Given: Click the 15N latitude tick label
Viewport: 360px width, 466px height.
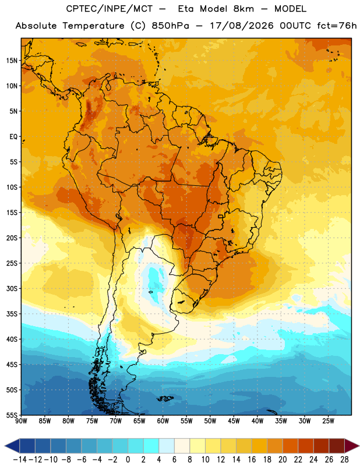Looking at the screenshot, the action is (12, 61).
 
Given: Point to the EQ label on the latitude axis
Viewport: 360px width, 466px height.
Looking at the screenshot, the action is (13, 137).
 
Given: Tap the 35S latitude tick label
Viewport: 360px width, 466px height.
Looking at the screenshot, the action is (12, 314).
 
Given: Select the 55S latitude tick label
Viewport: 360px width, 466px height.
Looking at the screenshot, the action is (12, 415).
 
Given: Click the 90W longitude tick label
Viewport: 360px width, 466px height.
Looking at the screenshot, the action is (21, 421).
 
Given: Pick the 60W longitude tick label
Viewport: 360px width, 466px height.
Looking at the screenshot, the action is (163, 421).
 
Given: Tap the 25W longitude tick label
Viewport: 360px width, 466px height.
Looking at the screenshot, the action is (328, 421).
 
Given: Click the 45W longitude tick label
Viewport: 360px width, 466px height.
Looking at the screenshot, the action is (234, 421).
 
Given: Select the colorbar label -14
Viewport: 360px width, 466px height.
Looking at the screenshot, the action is (20, 460).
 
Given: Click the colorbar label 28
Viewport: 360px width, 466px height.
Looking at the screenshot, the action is (344, 460).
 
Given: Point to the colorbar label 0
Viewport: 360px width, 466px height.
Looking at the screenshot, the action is (128, 460).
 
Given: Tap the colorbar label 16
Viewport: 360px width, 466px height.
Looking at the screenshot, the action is (252, 460).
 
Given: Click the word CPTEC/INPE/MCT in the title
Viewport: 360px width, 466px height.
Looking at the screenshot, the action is (109, 9).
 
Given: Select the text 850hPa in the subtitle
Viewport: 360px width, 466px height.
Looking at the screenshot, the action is (170, 26).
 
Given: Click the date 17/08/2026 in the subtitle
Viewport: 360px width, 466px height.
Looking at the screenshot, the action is (242, 26).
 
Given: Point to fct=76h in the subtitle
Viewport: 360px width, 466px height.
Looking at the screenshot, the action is (337, 26).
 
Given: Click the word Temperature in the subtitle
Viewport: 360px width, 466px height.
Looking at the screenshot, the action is (93, 26).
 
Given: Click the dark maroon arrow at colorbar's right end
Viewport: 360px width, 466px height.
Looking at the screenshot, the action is (352, 446).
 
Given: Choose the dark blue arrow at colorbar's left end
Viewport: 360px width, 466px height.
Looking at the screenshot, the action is (12, 446).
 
